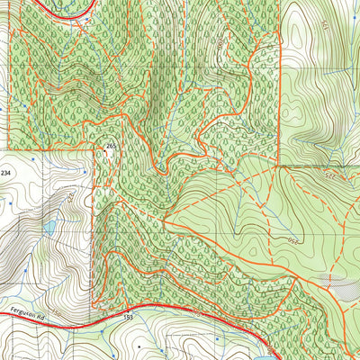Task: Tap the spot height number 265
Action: (111, 146)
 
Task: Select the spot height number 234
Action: (7, 172)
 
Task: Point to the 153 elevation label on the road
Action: (128, 319)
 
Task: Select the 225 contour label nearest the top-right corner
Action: (323, 34)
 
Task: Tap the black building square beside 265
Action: (108, 155)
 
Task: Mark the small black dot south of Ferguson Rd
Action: (139, 344)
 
